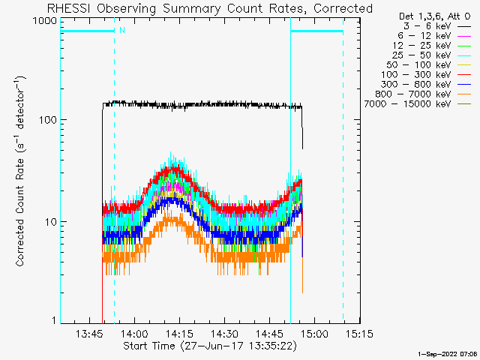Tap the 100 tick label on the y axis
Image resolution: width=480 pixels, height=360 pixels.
point(47,120)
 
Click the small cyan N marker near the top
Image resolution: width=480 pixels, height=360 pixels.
point(121,31)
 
